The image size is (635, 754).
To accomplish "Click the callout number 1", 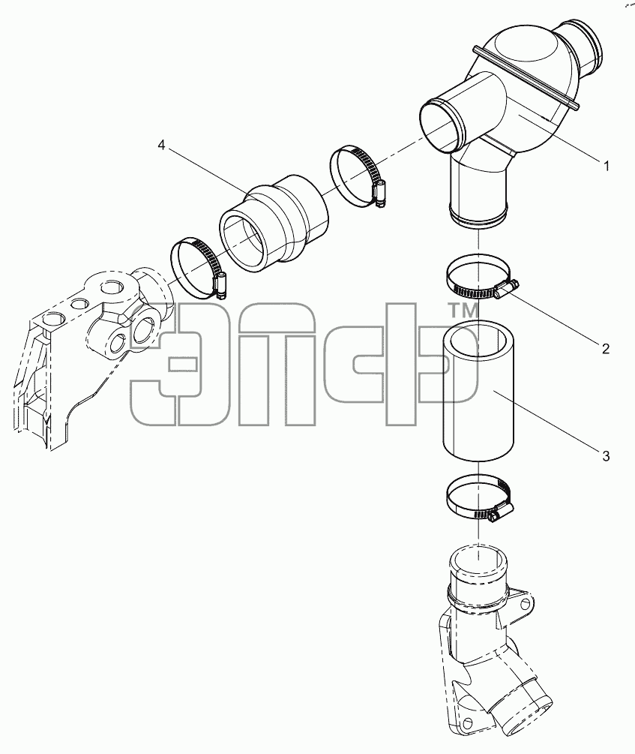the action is pyautogui.click(x=607, y=166).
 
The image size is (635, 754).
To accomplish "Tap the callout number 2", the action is pyautogui.click(x=606, y=349).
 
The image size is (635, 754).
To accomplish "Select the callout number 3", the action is pyautogui.click(x=606, y=455).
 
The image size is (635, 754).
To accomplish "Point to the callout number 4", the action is pyautogui.click(x=161, y=146).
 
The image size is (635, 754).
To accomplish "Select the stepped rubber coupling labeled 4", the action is pyautogui.click(x=275, y=224).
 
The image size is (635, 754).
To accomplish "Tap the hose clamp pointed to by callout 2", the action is pyautogui.click(x=481, y=277).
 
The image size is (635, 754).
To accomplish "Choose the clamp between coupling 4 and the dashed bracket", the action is pyautogui.click(x=199, y=267).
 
